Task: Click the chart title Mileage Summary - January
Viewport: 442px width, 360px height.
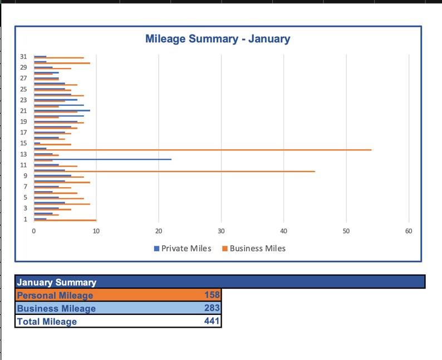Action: coord(217,39)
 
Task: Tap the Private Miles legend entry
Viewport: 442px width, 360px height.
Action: coord(183,249)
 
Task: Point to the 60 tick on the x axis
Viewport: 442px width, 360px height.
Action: coord(409,231)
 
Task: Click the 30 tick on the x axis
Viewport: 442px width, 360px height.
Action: coord(221,231)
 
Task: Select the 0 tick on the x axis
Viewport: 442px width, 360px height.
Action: coord(34,231)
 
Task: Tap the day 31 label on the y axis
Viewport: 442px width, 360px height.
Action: coord(23,56)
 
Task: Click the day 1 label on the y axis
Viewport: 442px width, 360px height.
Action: coord(24,219)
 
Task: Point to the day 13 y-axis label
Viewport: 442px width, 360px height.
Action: coord(23,154)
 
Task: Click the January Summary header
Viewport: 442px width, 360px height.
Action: coord(57,283)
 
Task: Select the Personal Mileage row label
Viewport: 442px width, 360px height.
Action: coord(55,295)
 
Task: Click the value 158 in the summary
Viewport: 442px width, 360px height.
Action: coord(213,295)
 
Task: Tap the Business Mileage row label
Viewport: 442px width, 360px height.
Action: coord(56,308)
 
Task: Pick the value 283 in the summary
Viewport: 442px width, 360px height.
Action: coord(213,308)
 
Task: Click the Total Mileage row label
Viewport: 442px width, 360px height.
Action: coord(47,322)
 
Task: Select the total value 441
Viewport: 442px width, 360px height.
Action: coord(213,321)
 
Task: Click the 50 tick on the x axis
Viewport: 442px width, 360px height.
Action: coord(346,231)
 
